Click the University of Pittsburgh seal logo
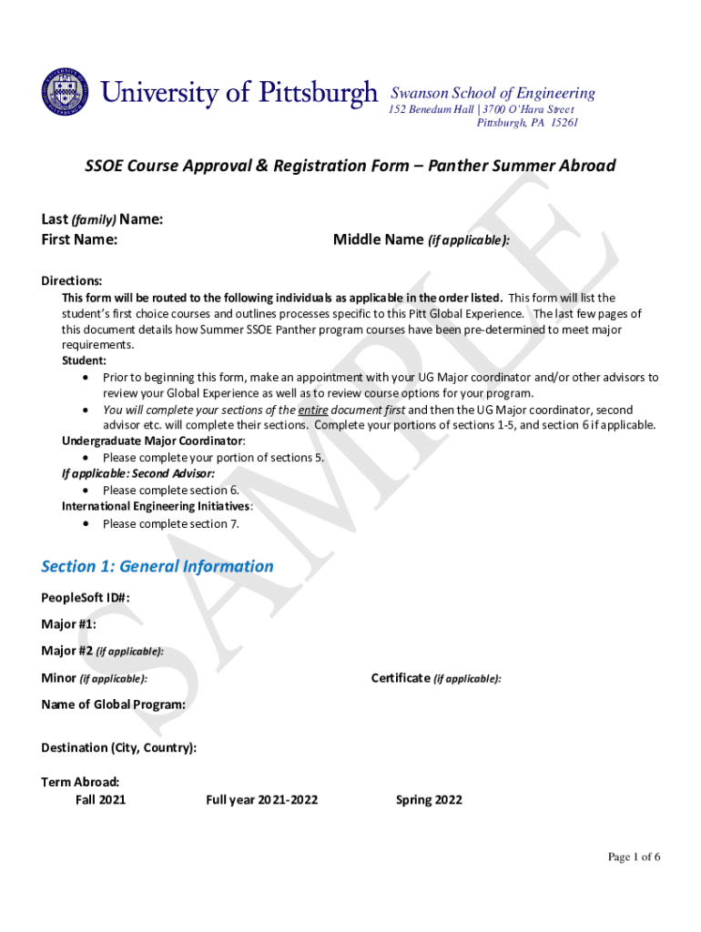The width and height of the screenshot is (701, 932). pyautogui.click(x=65, y=93)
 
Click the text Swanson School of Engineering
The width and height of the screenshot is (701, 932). pyautogui.click(x=493, y=93)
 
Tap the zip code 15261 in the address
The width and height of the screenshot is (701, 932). pyautogui.click(x=563, y=123)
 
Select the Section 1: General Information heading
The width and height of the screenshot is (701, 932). pyautogui.click(x=157, y=566)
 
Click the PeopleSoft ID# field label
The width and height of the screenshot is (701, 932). pyautogui.click(x=86, y=598)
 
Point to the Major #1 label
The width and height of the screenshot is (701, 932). pyautogui.click(x=68, y=624)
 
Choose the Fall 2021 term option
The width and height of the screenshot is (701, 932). pyautogui.click(x=100, y=800)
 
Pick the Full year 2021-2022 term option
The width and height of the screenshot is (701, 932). pyautogui.click(x=261, y=800)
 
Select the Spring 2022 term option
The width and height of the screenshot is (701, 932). pyautogui.click(x=429, y=800)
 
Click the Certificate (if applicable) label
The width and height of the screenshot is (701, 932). pyautogui.click(x=436, y=678)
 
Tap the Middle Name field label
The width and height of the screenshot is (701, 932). pyautogui.click(x=421, y=240)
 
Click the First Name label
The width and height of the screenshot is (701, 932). pyautogui.click(x=79, y=240)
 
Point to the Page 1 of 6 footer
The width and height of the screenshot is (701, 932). pyautogui.click(x=634, y=857)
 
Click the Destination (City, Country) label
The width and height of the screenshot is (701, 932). pyautogui.click(x=118, y=748)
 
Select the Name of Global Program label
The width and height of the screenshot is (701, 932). pyautogui.click(x=114, y=704)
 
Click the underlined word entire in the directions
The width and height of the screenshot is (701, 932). pyautogui.click(x=312, y=410)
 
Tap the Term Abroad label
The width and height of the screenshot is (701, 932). pyautogui.click(x=80, y=782)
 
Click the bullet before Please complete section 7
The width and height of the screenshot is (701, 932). pyautogui.click(x=86, y=524)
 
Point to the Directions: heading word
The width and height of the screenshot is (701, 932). pyautogui.click(x=71, y=281)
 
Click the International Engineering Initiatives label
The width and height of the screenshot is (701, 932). pyautogui.click(x=156, y=506)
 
